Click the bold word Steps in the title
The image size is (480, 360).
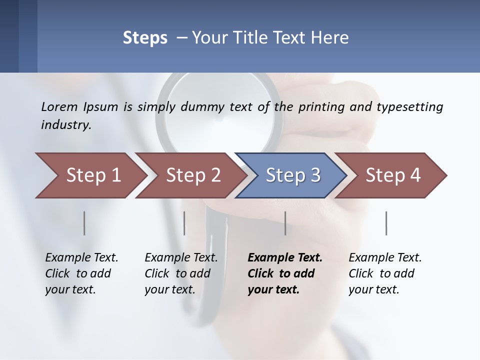click(145, 38)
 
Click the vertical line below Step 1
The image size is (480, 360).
click(84, 223)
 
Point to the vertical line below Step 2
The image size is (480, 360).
click(184, 223)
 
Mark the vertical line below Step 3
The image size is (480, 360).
click(285, 223)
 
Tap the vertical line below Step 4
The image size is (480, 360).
click(386, 223)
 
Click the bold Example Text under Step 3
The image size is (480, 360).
click(285, 258)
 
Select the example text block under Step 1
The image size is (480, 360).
click(81, 273)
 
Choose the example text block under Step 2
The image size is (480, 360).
click(181, 273)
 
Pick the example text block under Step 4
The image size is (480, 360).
click(385, 273)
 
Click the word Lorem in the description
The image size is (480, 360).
click(59, 107)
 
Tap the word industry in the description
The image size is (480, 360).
click(66, 125)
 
